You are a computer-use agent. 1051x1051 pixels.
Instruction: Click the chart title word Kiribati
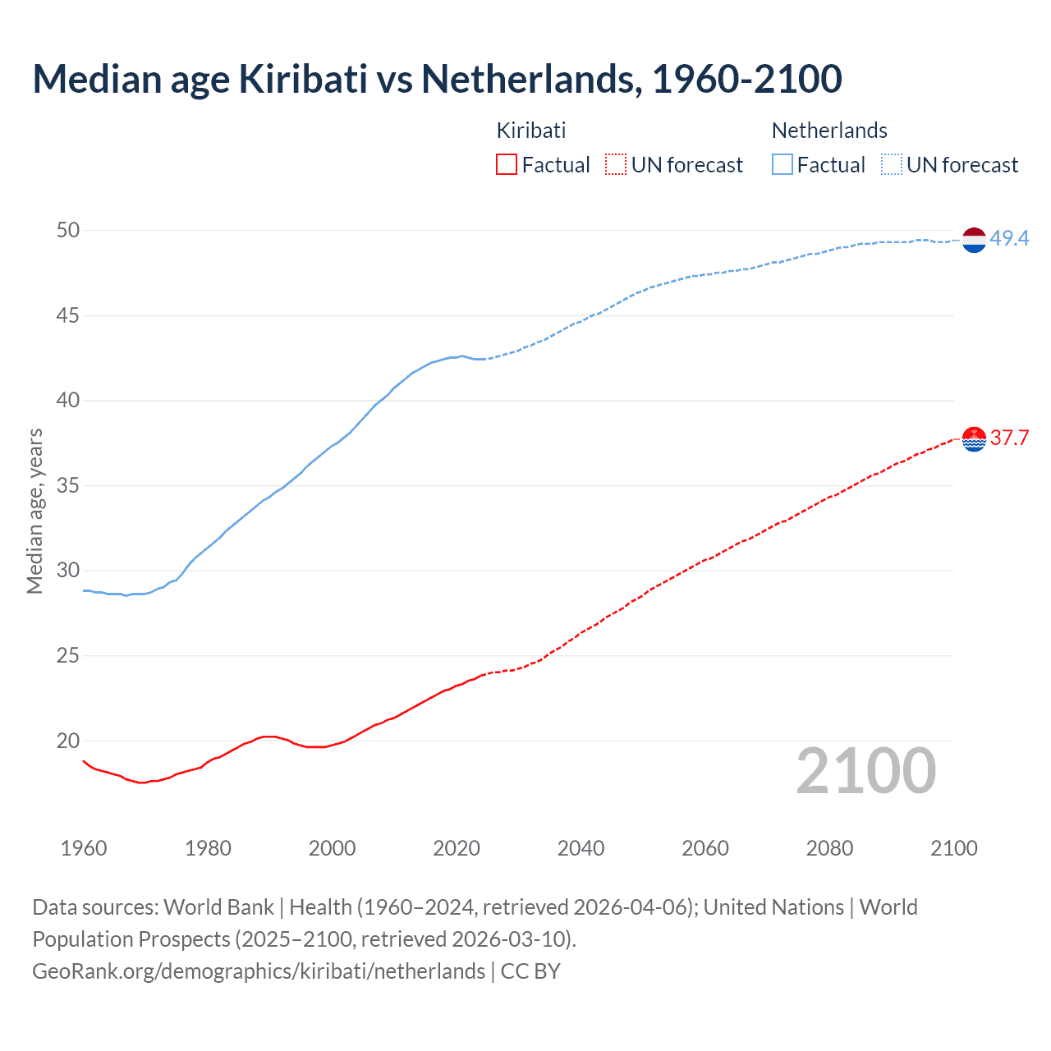(302, 79)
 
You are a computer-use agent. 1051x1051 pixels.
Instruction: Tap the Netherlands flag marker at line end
(973, 240)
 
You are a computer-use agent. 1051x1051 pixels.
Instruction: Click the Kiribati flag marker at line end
(973, 439)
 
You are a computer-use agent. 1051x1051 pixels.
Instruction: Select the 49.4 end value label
(1009, 238)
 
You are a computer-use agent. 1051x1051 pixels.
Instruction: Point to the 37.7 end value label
(1009, 438)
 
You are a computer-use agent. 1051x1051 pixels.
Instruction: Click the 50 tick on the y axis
(68, 230)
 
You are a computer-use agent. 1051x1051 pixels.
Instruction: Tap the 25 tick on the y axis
(68, 655)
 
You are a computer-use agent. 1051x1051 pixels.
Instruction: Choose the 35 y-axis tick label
(68, 485)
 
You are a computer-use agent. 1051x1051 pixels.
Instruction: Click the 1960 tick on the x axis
(84, 848)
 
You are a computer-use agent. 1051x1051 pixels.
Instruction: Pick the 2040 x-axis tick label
(581, 848)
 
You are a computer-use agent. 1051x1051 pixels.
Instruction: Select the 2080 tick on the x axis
(829, 848)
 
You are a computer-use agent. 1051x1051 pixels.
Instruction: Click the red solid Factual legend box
(507, 165)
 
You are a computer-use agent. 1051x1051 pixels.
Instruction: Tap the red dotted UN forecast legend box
(616, 165)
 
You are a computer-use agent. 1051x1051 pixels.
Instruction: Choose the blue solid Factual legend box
(782, 165)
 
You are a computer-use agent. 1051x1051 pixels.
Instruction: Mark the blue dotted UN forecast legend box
(891, 165)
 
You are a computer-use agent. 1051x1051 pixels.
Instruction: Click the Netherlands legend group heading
(829, 131)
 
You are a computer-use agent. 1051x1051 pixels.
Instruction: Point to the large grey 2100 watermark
(865, 771)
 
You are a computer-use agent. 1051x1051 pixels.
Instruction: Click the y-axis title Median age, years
(34, 511)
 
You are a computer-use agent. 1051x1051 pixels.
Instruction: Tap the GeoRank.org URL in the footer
(259, 971)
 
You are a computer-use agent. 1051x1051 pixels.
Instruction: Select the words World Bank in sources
(218, 907)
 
